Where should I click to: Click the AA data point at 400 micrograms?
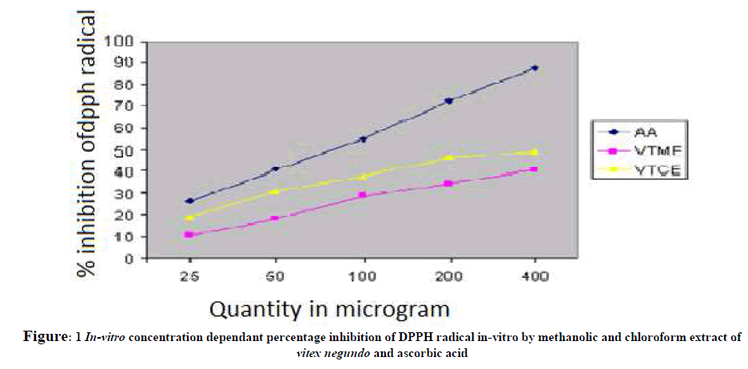[x=535, y=68]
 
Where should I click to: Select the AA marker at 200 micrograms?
[x=449, y=101]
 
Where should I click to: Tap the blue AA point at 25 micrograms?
[x=189, y=201]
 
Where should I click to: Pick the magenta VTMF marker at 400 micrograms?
[x=535, y=169]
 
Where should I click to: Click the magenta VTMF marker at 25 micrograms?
[x=189, y=235]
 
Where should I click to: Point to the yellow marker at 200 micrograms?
[x=449, y=158]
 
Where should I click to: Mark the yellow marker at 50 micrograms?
[x=276, y=192]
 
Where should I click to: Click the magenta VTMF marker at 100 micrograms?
[x=363, y=195]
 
